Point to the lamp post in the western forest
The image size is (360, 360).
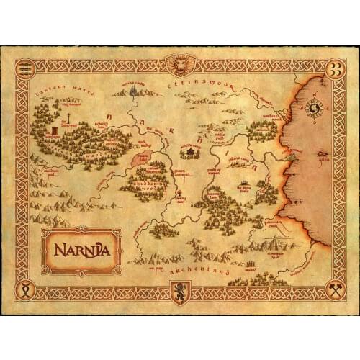pos(66,118)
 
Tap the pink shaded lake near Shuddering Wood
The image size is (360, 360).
pos(141,157)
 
